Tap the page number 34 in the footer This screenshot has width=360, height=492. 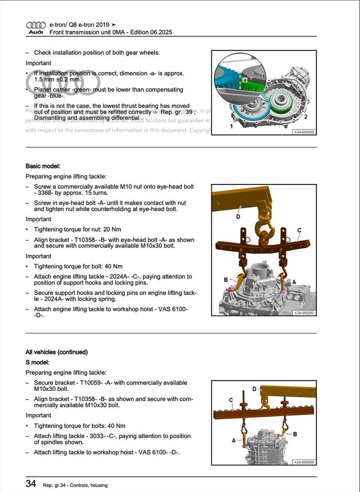31,484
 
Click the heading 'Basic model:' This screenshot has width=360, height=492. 43,166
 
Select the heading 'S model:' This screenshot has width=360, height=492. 38,362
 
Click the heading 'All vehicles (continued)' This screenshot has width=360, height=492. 57,352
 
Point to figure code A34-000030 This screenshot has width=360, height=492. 304,132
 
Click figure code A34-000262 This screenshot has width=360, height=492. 304,313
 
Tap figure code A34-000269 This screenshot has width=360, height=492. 304,462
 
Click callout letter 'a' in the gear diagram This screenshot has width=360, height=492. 244,79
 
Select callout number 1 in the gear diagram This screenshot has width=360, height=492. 231,126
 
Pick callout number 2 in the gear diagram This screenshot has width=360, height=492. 306,117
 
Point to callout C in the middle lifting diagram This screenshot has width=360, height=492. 299,230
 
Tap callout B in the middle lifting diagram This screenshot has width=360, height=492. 226,280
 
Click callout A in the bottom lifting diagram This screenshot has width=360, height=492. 234,440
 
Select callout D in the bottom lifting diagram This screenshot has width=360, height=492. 254,389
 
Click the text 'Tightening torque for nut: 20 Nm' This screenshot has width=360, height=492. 78,229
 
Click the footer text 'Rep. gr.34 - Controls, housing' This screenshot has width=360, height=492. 75,485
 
